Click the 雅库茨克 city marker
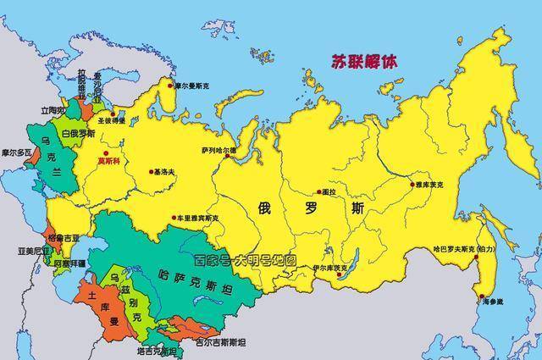(412, 184)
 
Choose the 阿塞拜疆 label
(68, 263)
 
